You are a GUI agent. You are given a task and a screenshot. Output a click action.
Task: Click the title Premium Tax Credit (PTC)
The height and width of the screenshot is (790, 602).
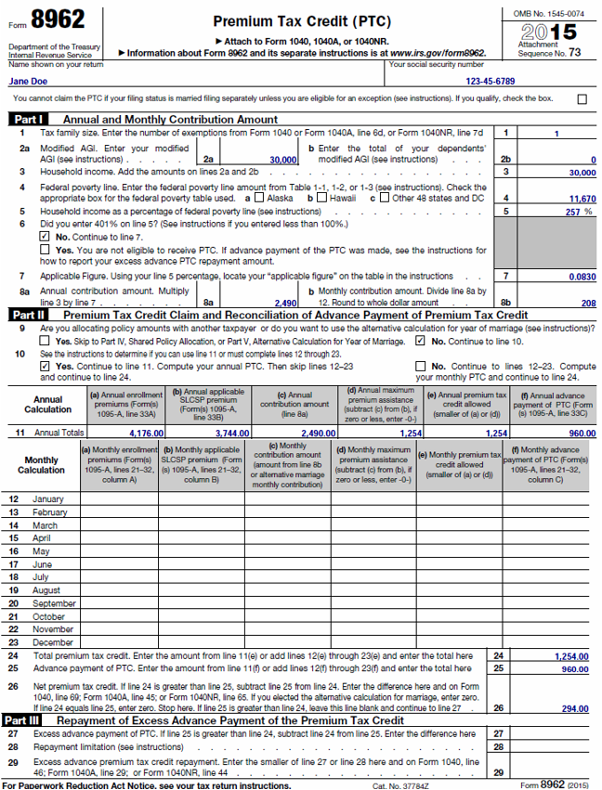[x=302, y=21]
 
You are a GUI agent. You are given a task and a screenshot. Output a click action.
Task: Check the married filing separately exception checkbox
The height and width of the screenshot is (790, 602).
[x=582, y=98]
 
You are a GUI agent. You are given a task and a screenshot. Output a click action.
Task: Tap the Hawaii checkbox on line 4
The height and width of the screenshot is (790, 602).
[x=321, y=198]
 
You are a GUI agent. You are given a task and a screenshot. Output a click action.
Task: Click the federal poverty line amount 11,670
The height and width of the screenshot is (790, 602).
[x=581, y=199]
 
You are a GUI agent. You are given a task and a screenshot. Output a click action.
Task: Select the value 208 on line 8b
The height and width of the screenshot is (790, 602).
[x=588, y=303]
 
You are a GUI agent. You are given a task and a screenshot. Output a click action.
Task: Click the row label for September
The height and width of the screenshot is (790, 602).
[x=54, y=603]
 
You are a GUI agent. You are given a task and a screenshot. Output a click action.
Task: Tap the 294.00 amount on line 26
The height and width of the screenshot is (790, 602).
[x=574, y=707]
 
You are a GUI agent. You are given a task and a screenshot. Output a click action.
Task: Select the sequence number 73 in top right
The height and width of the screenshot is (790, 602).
[x=574, y=53]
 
